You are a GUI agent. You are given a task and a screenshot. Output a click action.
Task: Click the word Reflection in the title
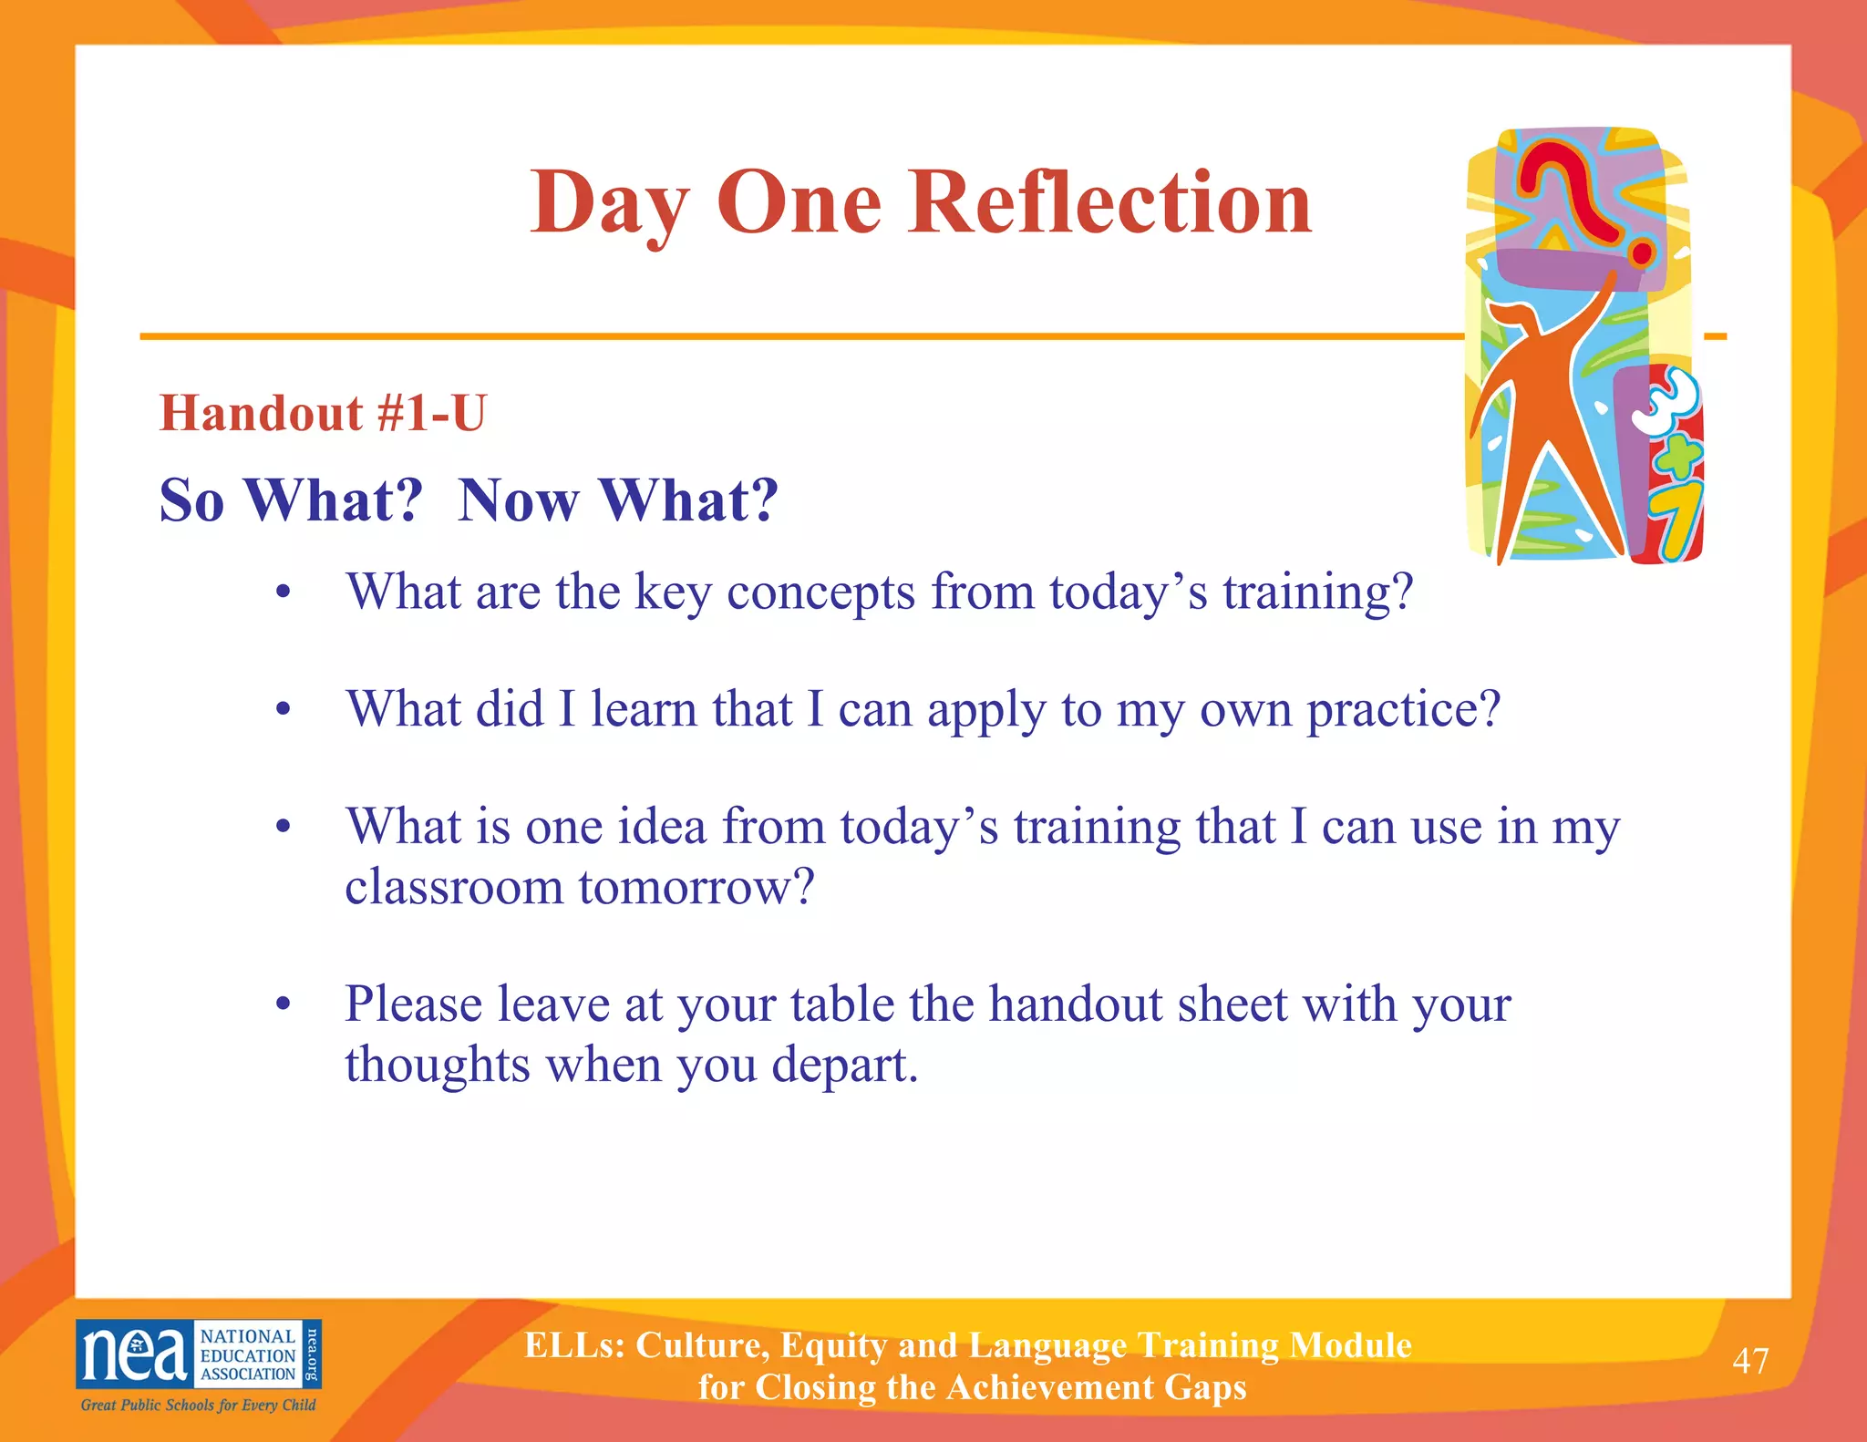tap(1109, 202)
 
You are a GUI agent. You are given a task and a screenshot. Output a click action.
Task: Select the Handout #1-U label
tap(323, 413)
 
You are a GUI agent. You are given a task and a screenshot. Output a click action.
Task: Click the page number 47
tap(1749, 1361)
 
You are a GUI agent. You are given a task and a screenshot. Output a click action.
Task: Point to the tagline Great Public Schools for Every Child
tap(198, 1405)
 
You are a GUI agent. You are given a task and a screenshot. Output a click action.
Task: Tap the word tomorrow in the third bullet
tap(686, 887)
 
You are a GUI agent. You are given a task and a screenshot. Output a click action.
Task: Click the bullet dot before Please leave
tap(284, 1004)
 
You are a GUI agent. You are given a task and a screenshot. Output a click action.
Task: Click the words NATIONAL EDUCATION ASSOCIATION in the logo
tap(247, 1355)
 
